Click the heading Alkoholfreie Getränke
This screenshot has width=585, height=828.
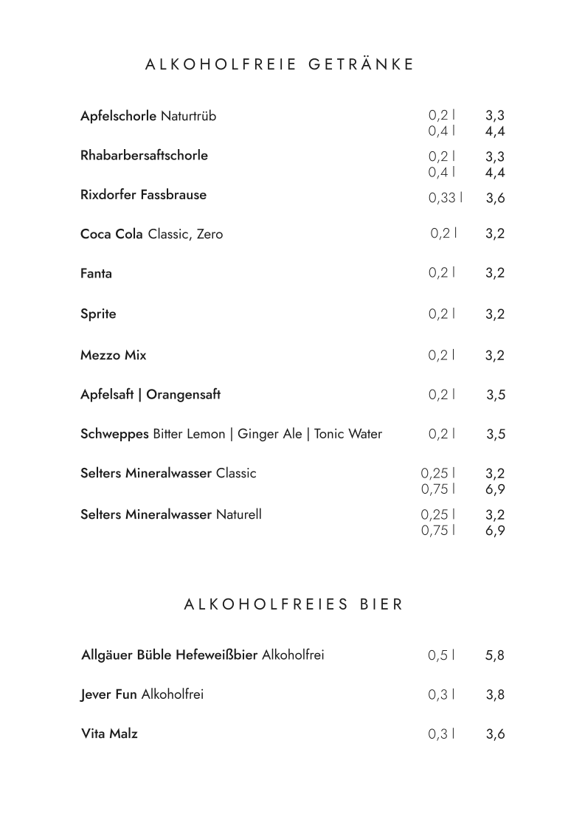280,65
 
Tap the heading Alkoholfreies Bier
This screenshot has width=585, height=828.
294,605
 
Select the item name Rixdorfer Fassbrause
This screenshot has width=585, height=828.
143,196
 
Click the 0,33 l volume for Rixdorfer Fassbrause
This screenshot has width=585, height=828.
446,198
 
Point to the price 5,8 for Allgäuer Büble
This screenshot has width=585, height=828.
495,655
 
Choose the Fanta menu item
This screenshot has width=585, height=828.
96,274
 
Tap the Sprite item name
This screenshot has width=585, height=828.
98,314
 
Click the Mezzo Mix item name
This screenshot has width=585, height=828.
113,356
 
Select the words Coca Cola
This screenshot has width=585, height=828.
111,235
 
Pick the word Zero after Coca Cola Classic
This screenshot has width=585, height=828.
210,235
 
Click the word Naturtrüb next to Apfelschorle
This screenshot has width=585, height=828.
188,117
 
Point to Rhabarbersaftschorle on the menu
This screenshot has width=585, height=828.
144,156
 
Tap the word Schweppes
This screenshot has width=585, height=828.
114,435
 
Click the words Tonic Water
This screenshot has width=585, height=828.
348,434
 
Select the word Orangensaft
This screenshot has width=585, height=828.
183,395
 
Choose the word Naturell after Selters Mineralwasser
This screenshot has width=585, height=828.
238,514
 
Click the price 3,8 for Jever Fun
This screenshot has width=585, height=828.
495,695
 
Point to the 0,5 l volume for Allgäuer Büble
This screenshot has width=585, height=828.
441,655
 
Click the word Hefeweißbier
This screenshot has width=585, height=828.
217,655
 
